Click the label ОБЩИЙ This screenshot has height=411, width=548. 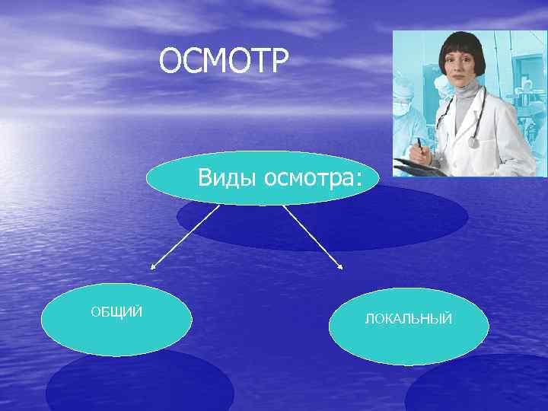[x=116, y=312]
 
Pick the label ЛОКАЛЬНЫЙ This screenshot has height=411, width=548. [x=409, y=319]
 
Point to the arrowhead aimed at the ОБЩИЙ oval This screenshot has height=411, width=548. [x=152, y=268]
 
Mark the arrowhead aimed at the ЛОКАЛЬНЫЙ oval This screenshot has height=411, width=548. [x=340, y=267]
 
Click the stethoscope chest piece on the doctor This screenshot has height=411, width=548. [x=473, y=142]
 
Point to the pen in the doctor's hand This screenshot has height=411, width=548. [x=419, y=145]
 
